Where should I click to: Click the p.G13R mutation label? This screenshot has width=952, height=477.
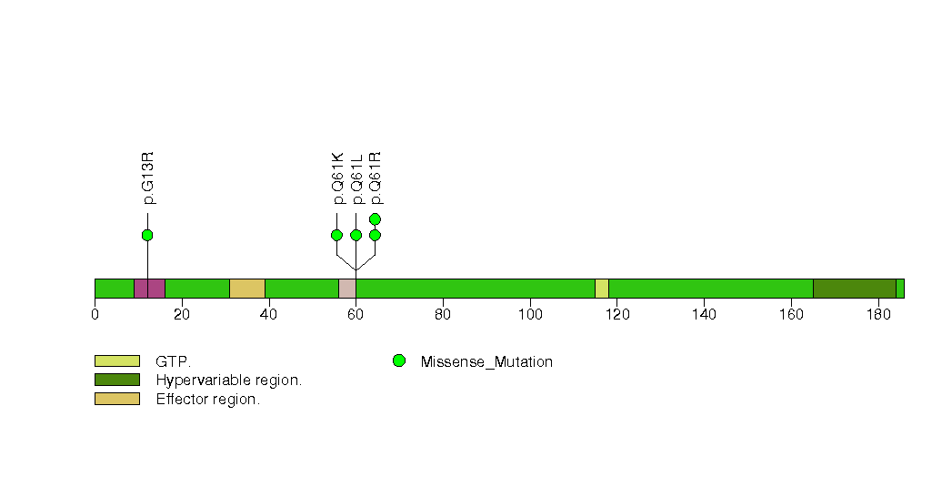148,178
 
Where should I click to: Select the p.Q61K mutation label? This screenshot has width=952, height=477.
338,178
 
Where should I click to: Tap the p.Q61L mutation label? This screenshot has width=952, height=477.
357,178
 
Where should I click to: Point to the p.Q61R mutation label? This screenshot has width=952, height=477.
376,178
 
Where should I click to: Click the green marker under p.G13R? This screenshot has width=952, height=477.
147,235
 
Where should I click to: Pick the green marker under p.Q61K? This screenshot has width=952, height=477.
337,235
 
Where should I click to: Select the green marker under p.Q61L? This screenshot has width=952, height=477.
356,235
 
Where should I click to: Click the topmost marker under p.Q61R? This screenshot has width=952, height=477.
375,218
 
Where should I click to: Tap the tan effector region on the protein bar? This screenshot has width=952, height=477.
247,289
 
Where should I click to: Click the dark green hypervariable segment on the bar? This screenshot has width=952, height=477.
855,289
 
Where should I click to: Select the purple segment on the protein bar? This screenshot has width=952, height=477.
149,289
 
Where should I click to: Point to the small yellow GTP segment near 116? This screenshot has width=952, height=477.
602,289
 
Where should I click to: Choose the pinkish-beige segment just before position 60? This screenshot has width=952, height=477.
347,289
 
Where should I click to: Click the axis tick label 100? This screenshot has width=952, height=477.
530,314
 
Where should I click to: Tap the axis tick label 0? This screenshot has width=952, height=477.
95,314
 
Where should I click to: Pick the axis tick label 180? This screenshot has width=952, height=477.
878,314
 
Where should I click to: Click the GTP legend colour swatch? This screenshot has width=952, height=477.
117,361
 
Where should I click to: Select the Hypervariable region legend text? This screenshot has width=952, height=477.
229,381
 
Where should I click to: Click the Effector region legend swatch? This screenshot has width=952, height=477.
117,399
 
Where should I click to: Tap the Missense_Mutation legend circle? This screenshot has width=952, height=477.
399,361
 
